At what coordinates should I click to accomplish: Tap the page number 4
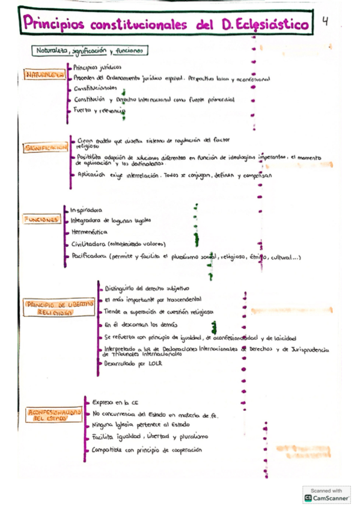(x=325, y=22)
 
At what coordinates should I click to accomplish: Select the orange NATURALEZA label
(x=45, y=75)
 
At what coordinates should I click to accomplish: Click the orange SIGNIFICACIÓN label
(x=46, y=148)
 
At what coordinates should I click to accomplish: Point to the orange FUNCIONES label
(x=41, y=220)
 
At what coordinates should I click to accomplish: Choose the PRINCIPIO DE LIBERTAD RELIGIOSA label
(x=59, y=308)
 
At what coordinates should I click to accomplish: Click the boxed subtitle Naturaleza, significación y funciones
(x=88, y=51)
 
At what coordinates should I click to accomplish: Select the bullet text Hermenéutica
(x=90, y=232)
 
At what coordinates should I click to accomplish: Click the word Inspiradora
(x=87, y=210)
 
